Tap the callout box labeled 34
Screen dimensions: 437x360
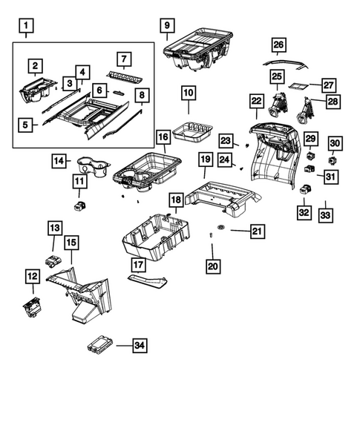point(139,344)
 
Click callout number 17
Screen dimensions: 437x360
point(139,265)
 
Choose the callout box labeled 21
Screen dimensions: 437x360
point(256,232)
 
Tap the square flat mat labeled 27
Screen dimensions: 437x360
point(298,87)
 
